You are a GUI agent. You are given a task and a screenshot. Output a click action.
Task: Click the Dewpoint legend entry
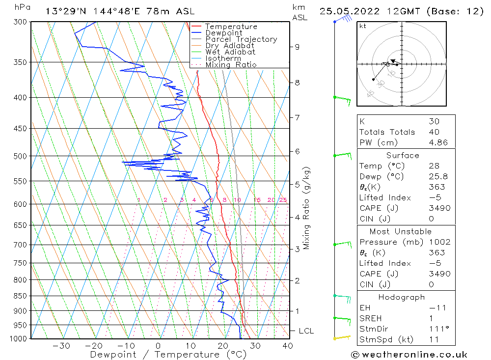223,33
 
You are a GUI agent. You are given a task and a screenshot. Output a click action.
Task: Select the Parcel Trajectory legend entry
241,39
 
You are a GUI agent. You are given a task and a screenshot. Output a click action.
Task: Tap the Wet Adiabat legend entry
230,52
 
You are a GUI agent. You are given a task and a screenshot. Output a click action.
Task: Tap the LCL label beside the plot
306,331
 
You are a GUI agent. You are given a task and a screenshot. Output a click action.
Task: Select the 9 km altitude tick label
297,47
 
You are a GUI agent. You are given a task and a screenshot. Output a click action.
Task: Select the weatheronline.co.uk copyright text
409,355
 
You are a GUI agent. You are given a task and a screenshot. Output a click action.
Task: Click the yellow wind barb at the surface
342,337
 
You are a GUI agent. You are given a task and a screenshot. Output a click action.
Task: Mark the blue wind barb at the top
344,19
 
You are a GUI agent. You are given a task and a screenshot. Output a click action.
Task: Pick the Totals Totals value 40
434,132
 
